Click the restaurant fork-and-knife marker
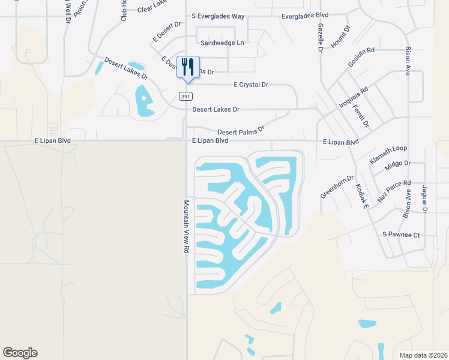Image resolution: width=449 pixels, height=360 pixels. [188, 67]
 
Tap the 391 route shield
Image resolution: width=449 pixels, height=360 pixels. [185, 96]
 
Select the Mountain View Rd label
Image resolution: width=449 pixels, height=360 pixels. [187, 226]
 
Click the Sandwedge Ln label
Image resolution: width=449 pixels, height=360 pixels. [223, 43]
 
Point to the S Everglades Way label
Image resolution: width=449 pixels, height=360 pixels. [219, 17]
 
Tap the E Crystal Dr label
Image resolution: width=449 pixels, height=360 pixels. [246, 85]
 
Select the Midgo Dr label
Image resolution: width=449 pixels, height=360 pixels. [398, 163]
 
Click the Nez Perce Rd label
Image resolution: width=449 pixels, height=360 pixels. [394, 191]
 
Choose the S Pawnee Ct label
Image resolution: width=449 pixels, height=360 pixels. [401, 235]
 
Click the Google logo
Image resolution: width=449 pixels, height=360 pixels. [20, 353]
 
